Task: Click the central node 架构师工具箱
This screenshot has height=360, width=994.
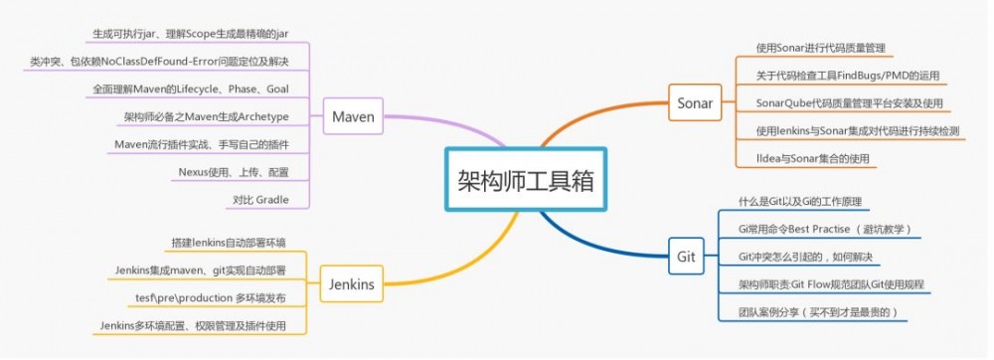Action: tap(523, 180)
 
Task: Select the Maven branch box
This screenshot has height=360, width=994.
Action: tap(353, 118)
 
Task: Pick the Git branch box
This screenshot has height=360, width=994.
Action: tap(685, 256)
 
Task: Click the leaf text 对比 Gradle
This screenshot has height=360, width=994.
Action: tap(260, 200)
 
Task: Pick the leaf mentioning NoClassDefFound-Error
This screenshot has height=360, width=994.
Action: tap(159, 62)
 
